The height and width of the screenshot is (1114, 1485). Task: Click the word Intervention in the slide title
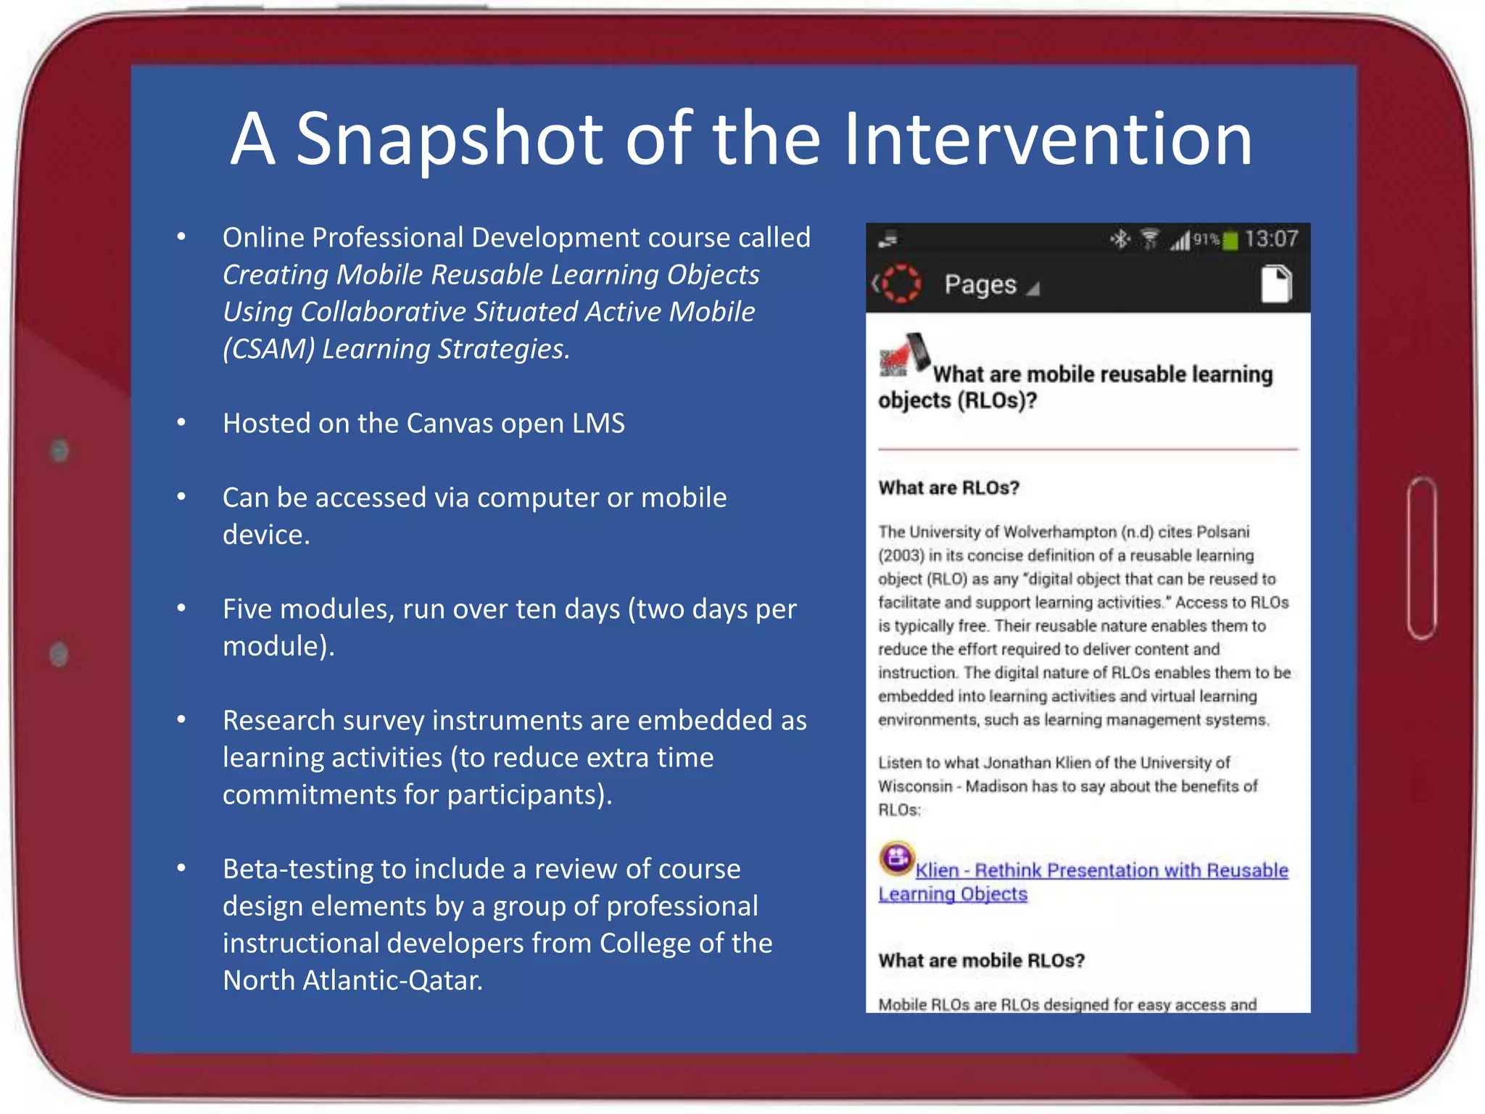(1048, 139)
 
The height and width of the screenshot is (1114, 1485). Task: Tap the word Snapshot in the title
(450, 139)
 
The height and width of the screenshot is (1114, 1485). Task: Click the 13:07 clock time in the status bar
(1271, 239)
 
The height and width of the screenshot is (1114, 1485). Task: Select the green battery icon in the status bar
(1230, 241)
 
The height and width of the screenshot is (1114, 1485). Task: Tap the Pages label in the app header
(980, 285)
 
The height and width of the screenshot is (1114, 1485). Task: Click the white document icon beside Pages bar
(1276, 284)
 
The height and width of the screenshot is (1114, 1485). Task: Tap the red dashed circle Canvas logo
(901, 284)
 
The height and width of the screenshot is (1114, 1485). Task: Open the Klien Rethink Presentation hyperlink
(1101, 870)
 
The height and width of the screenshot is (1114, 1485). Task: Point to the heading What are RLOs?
(948, 488)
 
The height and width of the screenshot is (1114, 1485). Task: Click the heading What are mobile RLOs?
(981, 961)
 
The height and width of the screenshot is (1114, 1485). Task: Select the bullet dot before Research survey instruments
(182, 719)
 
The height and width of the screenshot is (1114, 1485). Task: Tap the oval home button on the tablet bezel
(1422, 558)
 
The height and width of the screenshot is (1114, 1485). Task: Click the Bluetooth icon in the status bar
(1121, 239)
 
